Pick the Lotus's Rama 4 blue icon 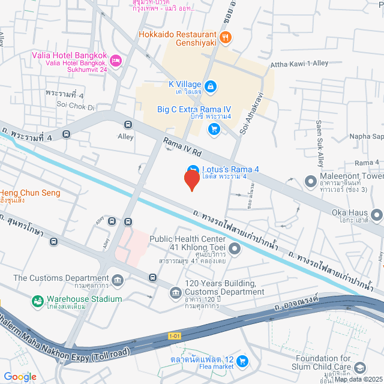coord(192,170)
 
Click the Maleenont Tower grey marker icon coord(310,181)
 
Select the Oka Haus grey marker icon coord(376,214)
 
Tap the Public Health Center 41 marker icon coord(235,248)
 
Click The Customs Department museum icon coord(117,280)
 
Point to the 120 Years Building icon coord(175,292)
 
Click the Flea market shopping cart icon coord(242,361)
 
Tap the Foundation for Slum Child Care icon coord(360,367)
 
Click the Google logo coord(20,376)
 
